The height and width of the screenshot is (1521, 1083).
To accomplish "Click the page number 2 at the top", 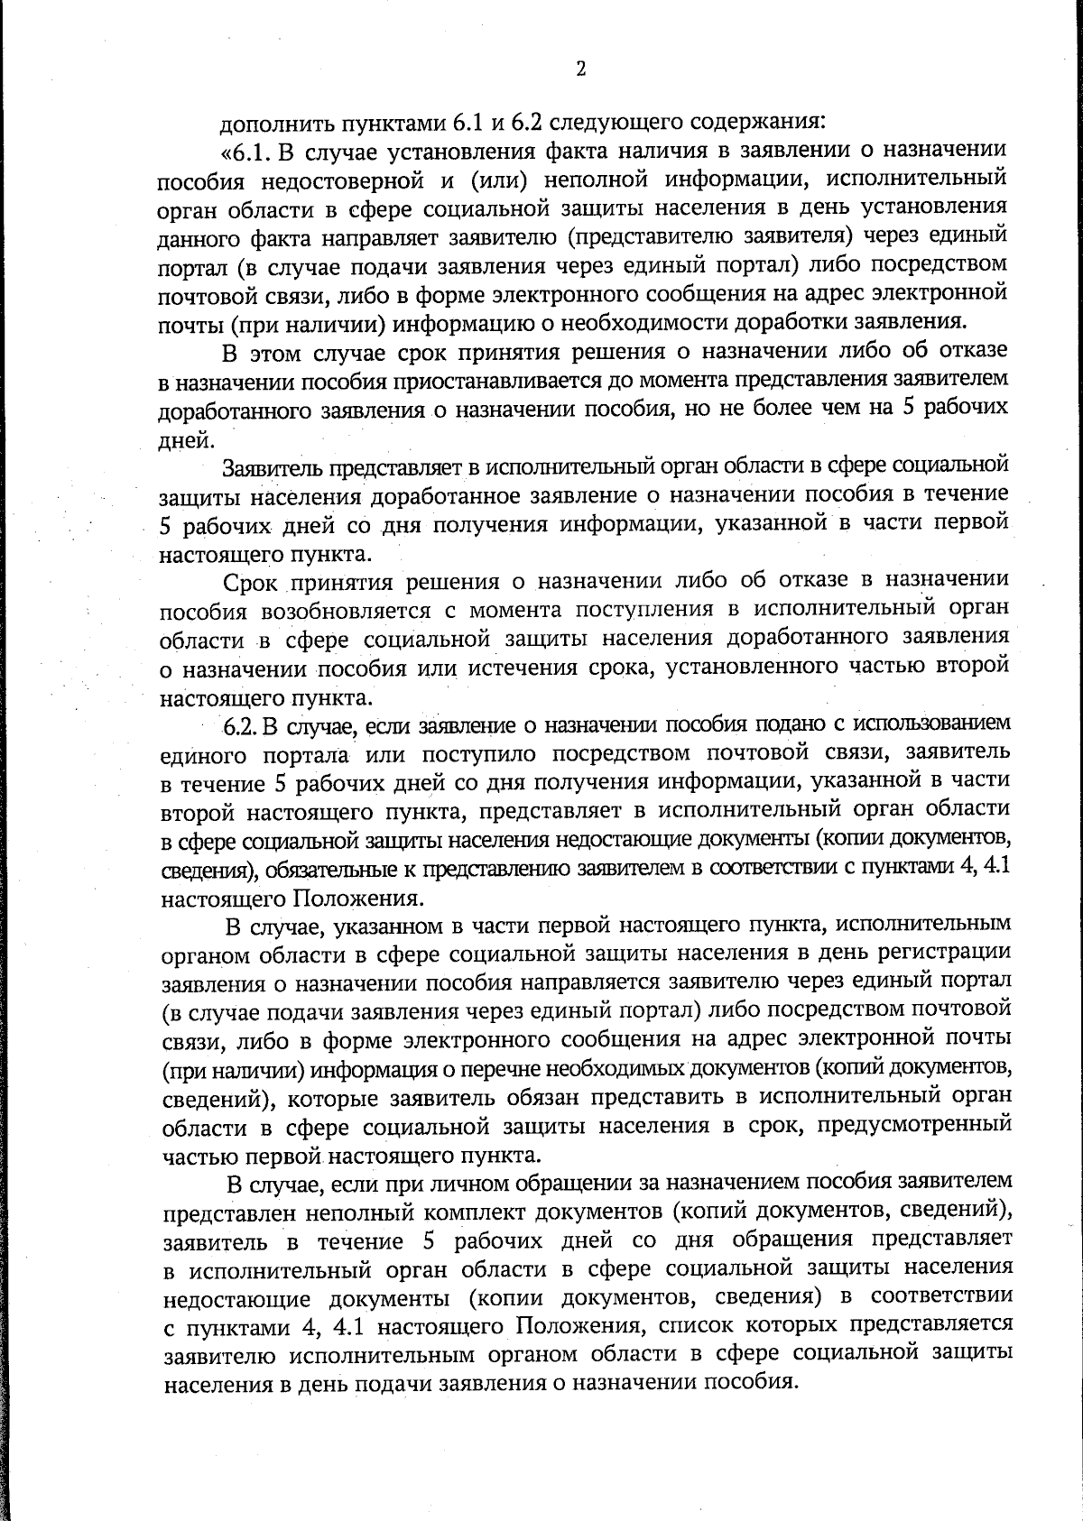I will pyautogui.click(x=580, y=69).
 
